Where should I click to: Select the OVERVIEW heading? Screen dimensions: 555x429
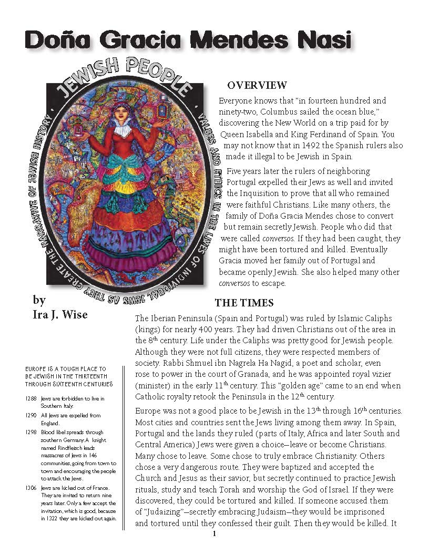click(257, 85)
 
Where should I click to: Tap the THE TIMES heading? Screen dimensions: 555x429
click(244, 303)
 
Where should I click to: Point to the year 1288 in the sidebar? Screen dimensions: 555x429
click(30, 399)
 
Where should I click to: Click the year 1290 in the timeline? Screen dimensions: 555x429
click(30, 415)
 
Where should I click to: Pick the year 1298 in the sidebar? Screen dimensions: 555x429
click(30, 432)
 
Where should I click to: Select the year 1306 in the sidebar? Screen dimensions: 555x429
click(30, 487)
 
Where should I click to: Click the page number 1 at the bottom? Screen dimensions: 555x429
click(214, 534)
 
